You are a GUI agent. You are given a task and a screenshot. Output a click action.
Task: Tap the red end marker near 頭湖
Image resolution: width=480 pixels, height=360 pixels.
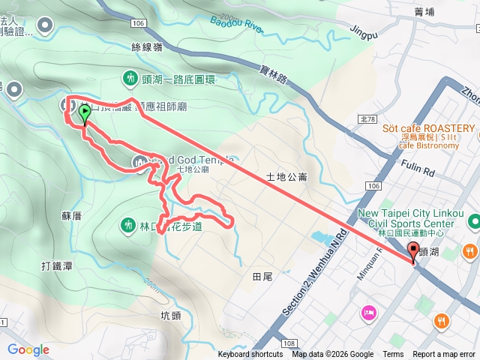[x=414, y=253]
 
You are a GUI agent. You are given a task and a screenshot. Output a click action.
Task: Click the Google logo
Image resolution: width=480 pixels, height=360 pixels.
[x=28, y=349]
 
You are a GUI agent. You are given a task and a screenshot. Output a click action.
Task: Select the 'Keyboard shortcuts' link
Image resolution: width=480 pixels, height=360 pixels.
[x=250, y=355]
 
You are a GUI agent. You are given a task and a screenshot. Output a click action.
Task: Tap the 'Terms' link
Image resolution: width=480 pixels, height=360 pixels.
[x=393, y=355]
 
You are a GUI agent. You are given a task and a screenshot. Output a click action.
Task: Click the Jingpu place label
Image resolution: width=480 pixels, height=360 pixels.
[x=364, y=31]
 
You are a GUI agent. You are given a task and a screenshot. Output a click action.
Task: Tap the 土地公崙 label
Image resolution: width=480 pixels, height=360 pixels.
[x=286, y=178]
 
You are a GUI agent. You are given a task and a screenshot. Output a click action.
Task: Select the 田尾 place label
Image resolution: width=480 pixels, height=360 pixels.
[x=262, y=277]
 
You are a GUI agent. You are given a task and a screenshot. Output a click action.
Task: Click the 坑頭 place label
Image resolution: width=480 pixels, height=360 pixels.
[x=171, y=316]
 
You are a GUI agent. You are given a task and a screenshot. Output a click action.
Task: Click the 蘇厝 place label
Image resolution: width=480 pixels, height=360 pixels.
[x=71, y=215]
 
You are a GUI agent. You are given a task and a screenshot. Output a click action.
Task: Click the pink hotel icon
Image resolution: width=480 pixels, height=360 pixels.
[x=367, y=312]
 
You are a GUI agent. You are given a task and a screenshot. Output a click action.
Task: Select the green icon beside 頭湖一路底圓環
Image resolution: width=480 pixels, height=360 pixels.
[x=130, y=77]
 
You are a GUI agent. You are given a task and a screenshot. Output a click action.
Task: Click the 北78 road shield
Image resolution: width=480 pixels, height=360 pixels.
[x=367, y=118]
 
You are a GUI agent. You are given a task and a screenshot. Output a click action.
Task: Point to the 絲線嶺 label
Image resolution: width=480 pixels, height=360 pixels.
[x=146, y=47]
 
